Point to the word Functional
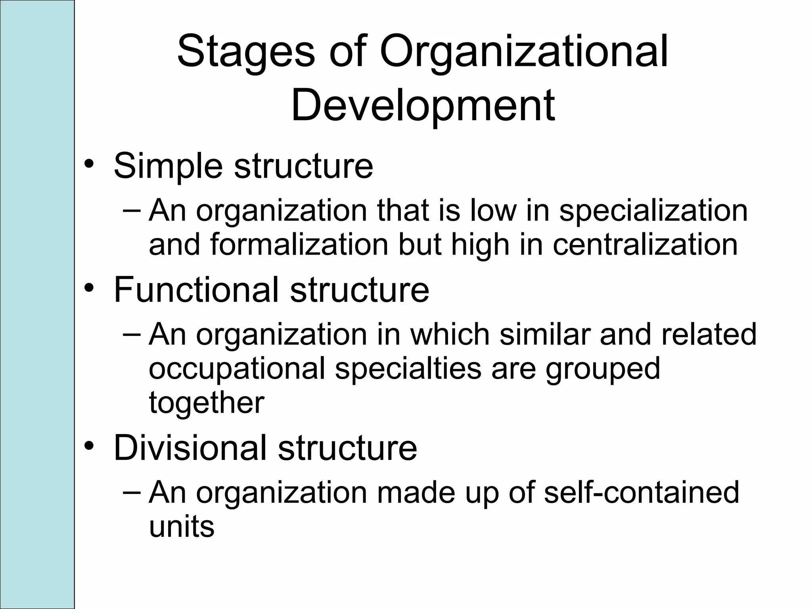pyautogui.click(x=196, y=290)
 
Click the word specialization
pyautogui.click(x=653, y=211)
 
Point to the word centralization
pyautogui.click(x=645, y=245)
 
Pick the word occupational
pyautogui.click(x=237, y=369)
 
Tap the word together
pyautogui.click(x=206, y=403)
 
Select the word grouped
pyautogui.click(x=603, y=369)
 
